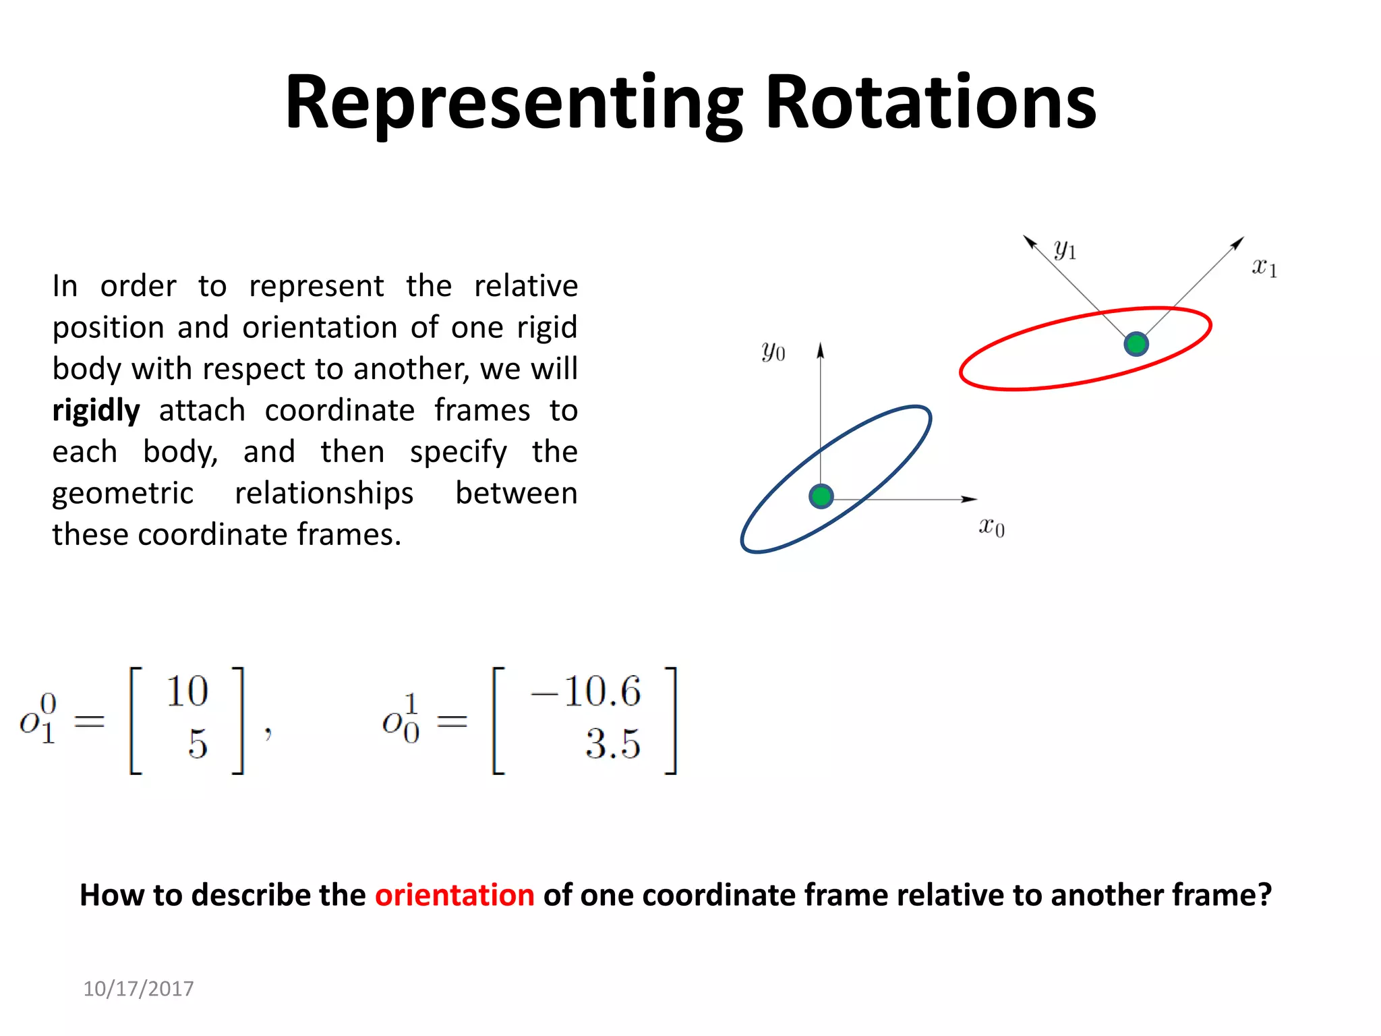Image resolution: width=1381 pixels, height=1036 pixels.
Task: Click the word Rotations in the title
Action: point(931,103)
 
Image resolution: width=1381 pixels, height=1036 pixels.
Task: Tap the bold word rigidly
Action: point(96,410)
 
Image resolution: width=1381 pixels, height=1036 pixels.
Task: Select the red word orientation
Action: point(454,895)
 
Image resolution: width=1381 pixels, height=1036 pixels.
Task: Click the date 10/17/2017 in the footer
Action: point(138,988)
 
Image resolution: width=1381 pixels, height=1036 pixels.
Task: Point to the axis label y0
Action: point(773,351)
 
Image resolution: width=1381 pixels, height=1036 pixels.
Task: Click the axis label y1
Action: point(1065,250)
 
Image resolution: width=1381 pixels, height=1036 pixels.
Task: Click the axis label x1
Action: point(1264,267)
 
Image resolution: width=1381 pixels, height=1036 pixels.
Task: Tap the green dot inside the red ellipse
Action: point(1136,344)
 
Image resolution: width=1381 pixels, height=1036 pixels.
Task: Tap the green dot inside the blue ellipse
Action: point(821,496)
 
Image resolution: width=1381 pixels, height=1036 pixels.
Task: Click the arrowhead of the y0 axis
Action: point(820,350)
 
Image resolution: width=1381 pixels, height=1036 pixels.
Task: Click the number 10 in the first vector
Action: point(187,691)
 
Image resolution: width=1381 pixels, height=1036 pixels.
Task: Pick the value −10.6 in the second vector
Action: point(585,691)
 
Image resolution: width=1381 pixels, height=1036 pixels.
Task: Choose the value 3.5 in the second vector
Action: point(612,745)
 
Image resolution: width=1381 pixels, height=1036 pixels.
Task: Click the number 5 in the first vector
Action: point(198,745)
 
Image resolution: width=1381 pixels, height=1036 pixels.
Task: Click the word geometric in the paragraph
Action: point(123,493)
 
